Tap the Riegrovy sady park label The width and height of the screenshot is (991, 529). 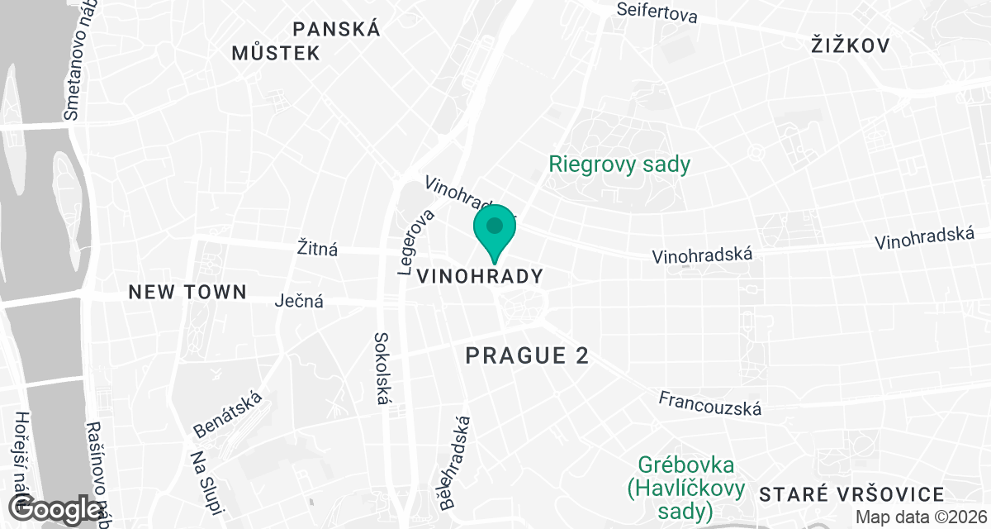pos(619,164)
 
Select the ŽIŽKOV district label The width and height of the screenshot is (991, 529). pos(850,45)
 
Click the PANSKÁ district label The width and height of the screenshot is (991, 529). pos(337,30)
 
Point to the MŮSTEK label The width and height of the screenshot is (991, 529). pos(276,54)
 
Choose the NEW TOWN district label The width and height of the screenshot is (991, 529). pos(187,292)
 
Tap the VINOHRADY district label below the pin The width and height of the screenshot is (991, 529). pos(481,276)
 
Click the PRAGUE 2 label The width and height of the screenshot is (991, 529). pos(528,355)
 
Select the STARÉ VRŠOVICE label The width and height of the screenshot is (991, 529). pos(851,495)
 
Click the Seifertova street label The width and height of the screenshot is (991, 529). pos(657,12)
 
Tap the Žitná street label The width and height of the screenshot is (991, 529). pos(317,248)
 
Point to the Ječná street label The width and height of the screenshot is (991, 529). pos(299,302)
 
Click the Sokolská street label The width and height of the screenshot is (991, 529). pos(382,369)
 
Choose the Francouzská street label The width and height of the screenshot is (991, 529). pos(709,403)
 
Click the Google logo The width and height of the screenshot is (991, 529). pos(56,509)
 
